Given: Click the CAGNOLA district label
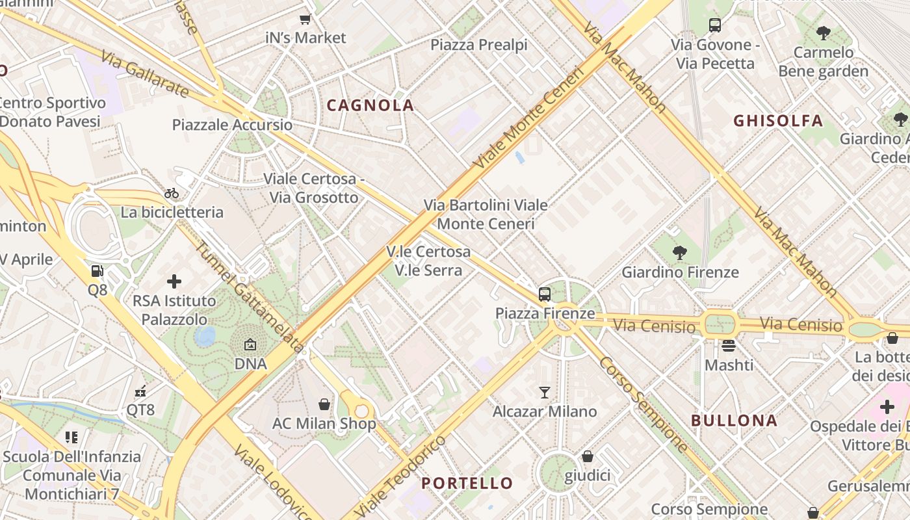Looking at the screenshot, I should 370,105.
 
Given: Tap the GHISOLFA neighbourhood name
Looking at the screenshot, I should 778,121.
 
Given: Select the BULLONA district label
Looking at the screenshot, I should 734,421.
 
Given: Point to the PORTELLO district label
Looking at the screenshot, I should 467,483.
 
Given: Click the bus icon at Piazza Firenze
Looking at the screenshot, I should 545,294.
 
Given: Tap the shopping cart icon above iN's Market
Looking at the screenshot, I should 305,19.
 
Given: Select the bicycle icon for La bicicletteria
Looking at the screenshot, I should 172,193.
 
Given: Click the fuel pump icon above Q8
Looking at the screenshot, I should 97,271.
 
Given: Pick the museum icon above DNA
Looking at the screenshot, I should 250,345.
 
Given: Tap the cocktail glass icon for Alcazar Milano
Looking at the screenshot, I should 545,393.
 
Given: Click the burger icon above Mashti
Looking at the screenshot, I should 729,346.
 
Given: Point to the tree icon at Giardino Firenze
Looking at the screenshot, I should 680,253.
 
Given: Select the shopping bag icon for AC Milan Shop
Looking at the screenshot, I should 324,404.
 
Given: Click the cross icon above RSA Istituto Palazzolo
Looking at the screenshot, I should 174,281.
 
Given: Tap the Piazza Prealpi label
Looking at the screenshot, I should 479,45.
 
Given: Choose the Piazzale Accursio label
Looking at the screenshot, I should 232,125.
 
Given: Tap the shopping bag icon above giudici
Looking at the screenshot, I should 588,456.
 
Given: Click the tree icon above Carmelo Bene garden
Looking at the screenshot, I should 823,32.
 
